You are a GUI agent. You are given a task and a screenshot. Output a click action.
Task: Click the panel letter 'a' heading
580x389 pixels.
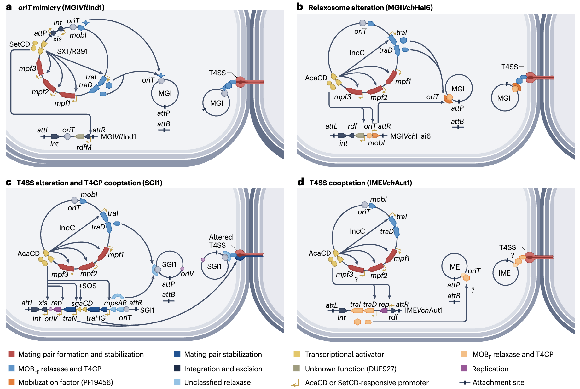tap(9, 7)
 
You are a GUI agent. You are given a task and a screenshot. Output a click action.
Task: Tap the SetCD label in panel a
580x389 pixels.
tap(20, 44)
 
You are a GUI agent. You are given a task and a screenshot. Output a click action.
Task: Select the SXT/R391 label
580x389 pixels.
tap(72, 51)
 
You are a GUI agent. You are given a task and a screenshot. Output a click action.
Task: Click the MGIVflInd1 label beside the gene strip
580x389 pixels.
tap(119, 137)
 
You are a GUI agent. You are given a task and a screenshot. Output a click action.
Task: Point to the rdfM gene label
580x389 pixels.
tap(84, 147)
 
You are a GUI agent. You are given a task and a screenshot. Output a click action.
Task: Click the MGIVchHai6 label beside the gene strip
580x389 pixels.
tap(410, 136)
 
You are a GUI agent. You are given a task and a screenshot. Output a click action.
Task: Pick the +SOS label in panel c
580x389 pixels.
tap(88, 286)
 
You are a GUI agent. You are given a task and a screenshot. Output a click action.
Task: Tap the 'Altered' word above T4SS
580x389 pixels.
tap(221, 237)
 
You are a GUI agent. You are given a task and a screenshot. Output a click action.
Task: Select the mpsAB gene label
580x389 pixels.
tap(115, 303)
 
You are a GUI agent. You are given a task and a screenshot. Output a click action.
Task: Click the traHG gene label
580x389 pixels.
tap(96, 318)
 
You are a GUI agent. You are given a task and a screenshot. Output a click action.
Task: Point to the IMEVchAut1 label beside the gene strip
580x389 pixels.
tap(424, 310)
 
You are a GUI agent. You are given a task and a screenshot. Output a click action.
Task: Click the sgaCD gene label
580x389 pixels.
tap(82, 303)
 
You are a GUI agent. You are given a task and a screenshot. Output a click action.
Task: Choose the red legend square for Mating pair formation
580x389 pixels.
tap(12, 354)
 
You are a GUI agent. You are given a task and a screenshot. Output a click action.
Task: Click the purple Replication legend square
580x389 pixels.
tap(464, 369)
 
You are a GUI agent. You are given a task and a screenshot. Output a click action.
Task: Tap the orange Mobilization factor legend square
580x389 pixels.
tap(12, 382)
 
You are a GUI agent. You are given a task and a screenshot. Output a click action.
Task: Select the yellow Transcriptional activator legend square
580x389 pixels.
tap(297, 354)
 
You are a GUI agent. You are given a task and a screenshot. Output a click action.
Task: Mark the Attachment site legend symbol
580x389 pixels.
tap(465, 382)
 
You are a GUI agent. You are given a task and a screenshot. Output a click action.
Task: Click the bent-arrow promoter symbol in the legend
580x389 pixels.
tap(295, 383)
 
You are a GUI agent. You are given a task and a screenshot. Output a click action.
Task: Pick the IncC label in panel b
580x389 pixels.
tap(357, 53)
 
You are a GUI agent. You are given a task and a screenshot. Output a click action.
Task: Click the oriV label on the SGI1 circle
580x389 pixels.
tap(187, 274)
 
